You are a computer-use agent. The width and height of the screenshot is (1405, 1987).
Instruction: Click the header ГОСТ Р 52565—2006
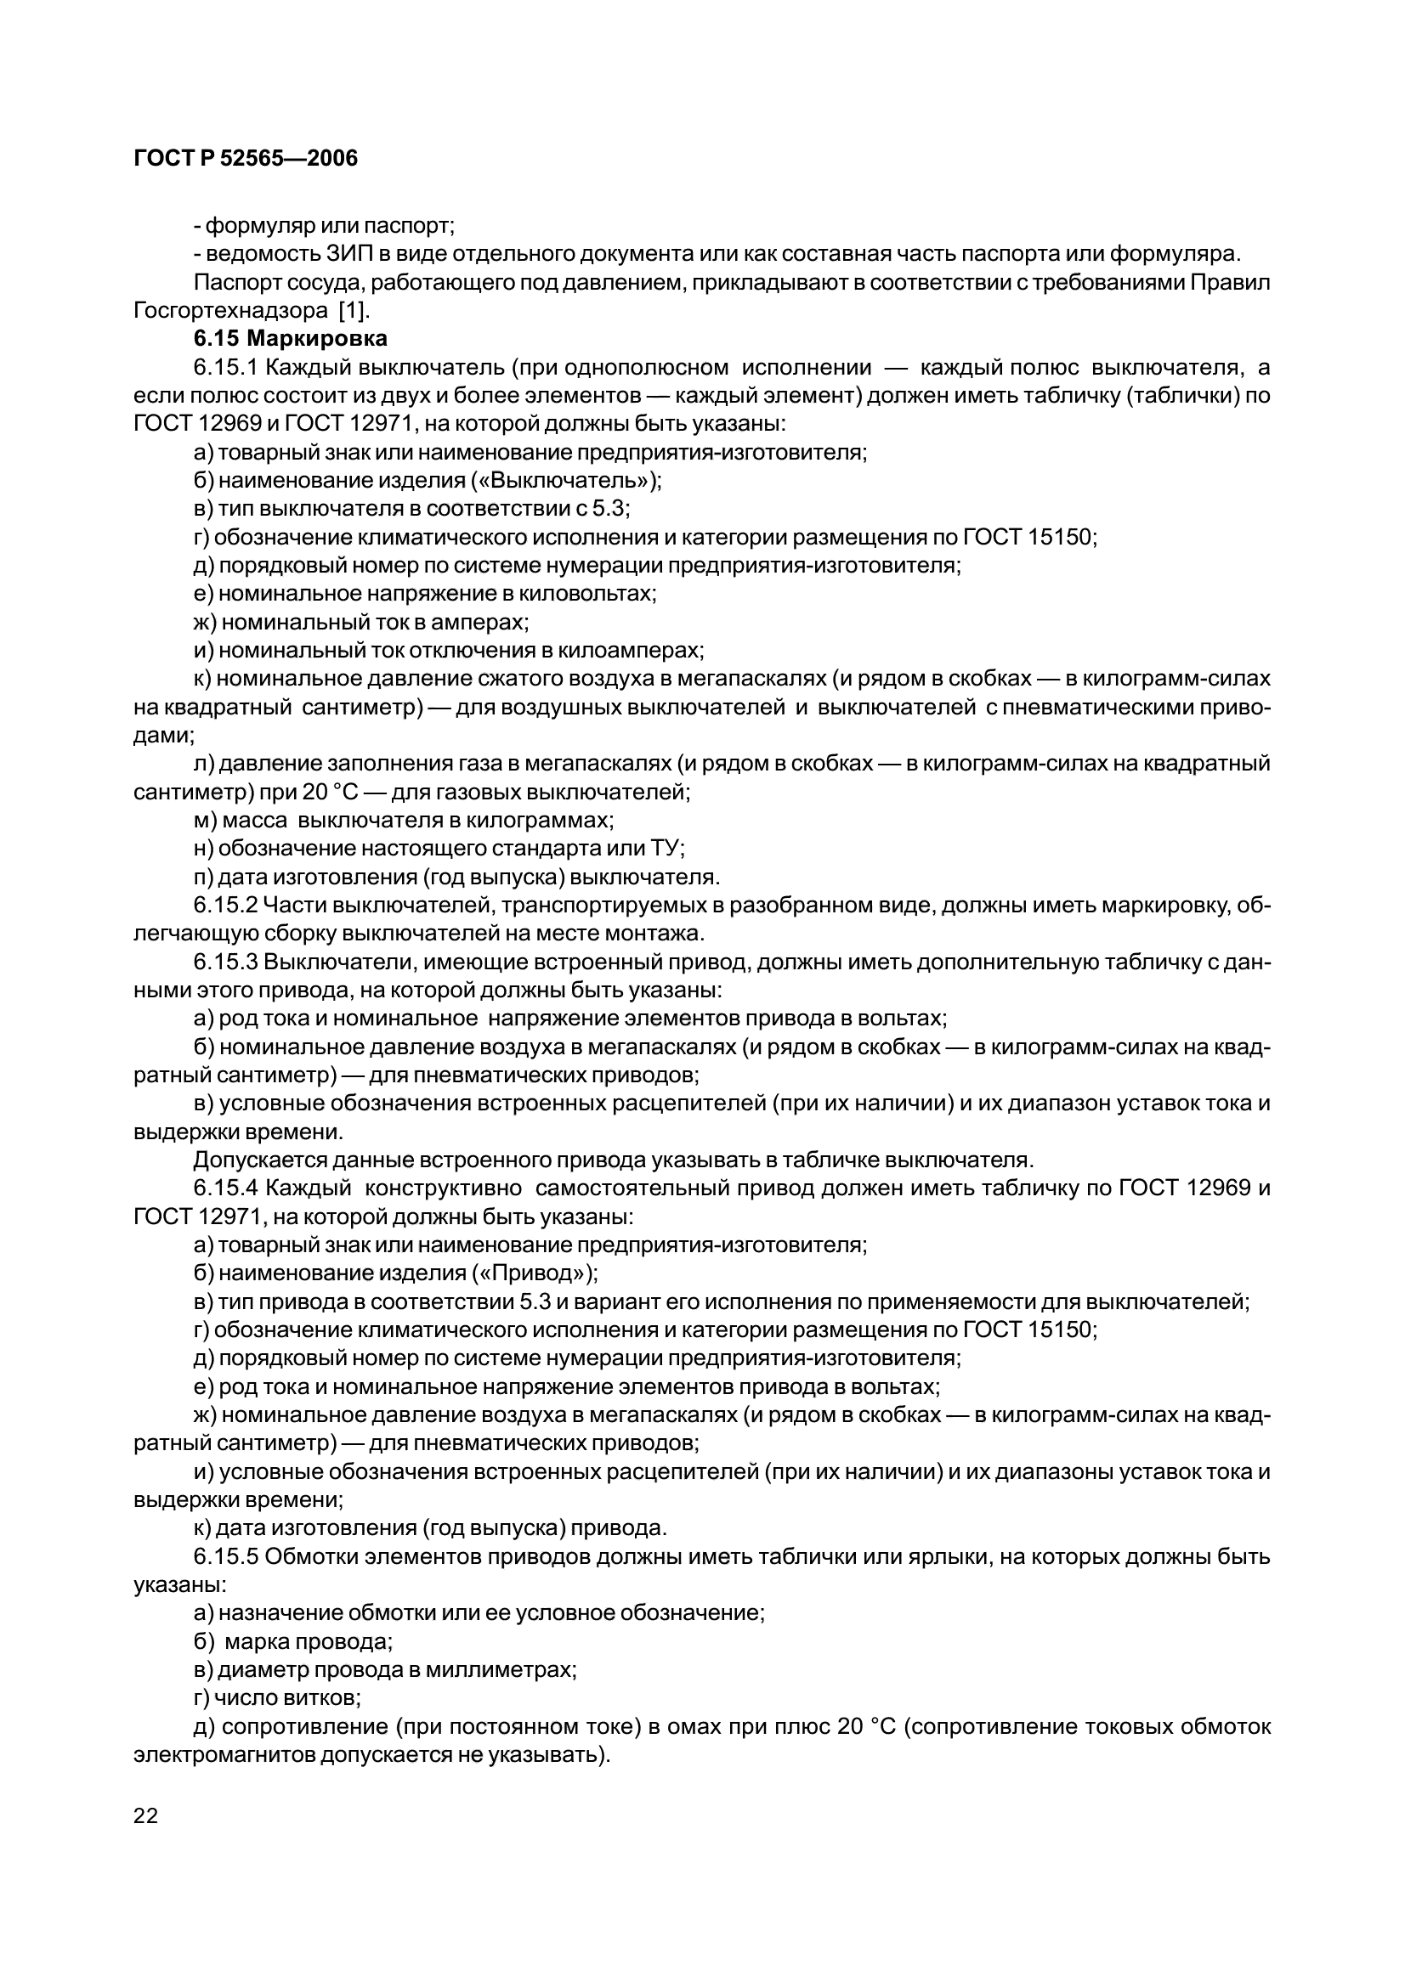click(246, 158)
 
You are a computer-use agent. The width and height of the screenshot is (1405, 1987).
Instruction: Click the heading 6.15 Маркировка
click(290, 337)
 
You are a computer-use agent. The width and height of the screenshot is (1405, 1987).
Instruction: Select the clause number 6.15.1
click(226, 367)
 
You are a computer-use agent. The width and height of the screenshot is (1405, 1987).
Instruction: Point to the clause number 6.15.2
click(226, 906)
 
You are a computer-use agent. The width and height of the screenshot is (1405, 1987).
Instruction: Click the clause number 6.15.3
click(226, 962)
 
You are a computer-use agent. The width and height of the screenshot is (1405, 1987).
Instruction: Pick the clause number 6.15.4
click(226, 1188)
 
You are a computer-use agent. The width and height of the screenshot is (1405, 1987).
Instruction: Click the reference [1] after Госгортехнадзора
click(354, 310)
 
